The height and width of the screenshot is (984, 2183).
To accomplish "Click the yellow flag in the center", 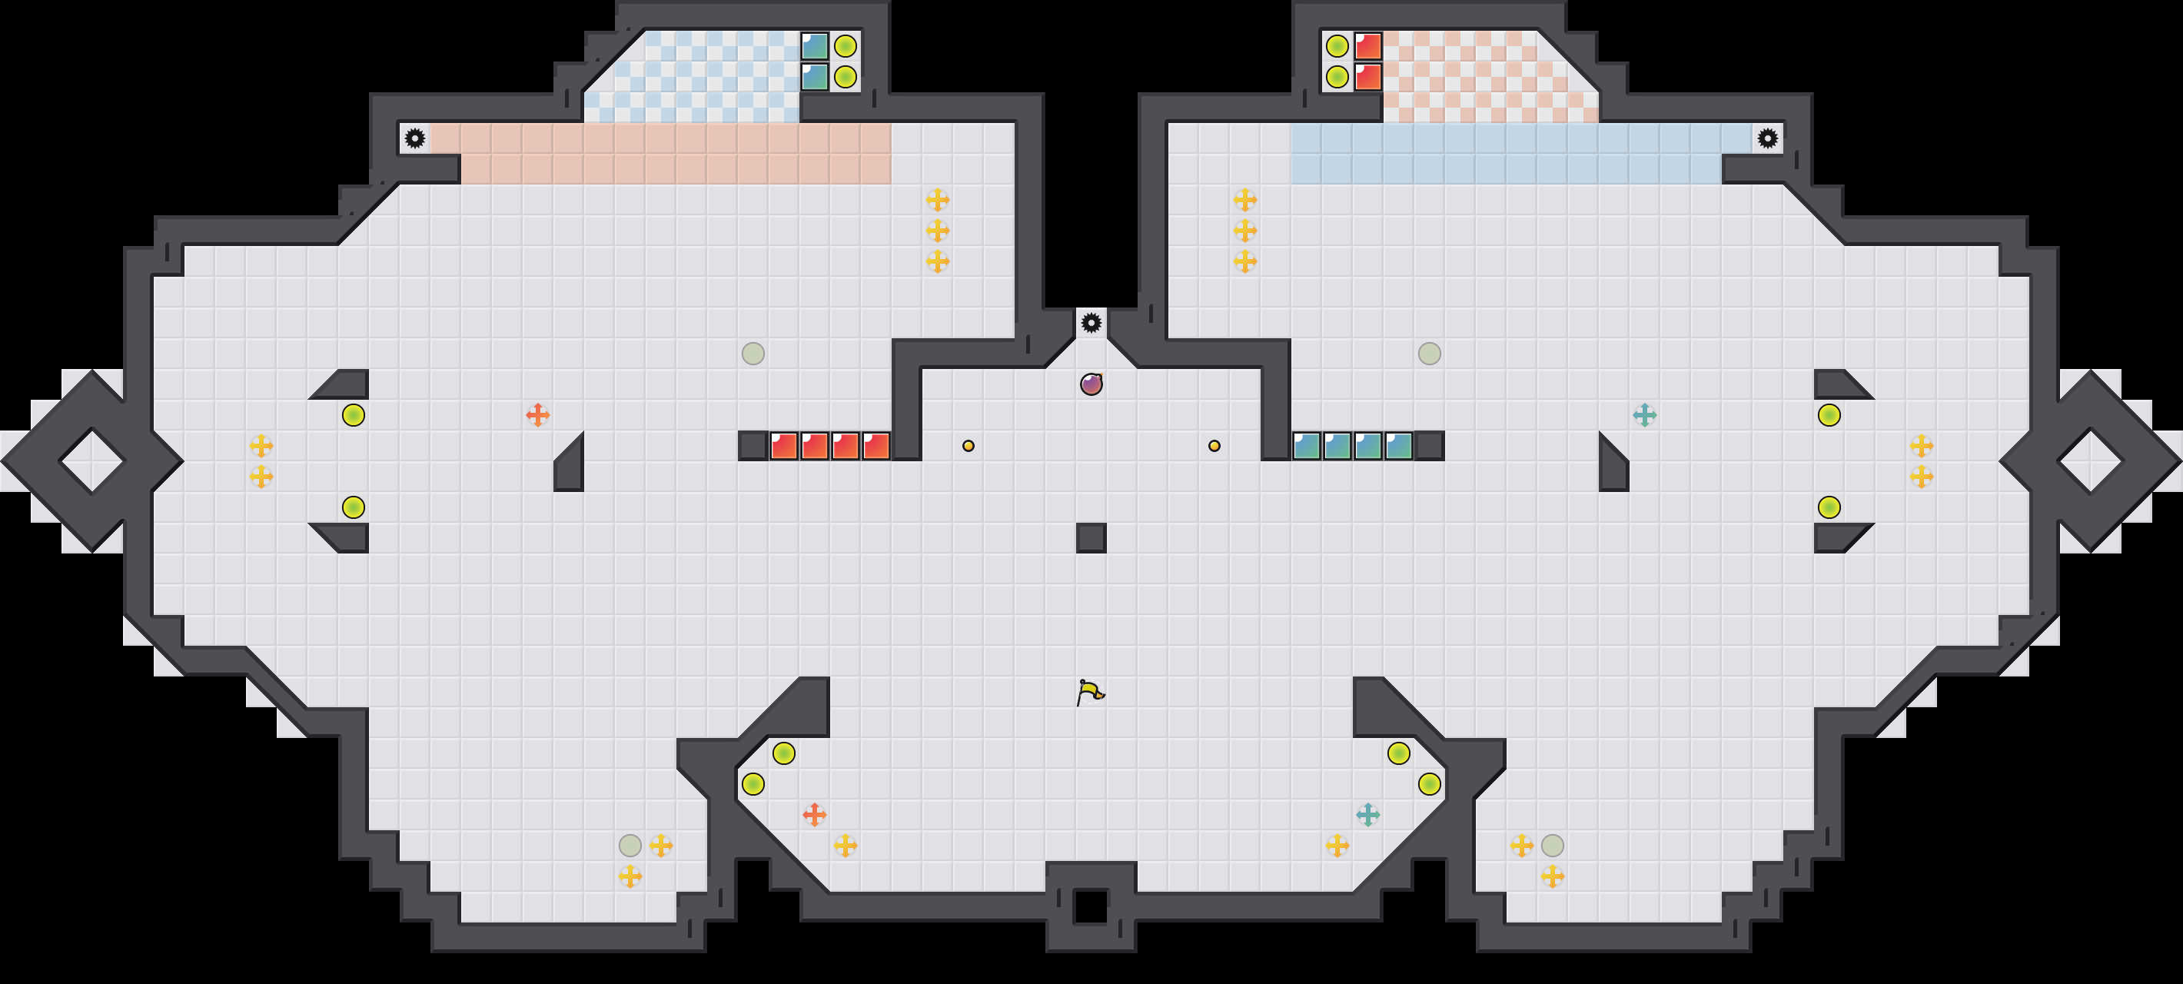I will [1091, 692].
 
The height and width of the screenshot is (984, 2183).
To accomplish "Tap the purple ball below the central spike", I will [1091, 384].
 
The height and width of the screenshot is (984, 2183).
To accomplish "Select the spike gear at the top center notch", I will [1091, 323].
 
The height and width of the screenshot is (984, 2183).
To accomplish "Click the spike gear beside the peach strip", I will [414, 138].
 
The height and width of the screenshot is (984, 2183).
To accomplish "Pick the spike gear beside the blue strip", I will [1768, 138].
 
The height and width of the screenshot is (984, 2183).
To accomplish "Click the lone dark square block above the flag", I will [1091, 538].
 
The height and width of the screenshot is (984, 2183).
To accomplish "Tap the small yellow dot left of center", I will [969, 446].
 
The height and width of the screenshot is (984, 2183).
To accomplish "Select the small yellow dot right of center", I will [1214, 446].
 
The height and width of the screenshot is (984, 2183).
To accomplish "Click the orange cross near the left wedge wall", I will [537, 415].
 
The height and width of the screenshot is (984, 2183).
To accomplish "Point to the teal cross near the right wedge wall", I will [1645, 415].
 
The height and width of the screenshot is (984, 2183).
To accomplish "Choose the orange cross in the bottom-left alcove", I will [814, 815].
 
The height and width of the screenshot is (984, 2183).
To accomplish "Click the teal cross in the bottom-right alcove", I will [1367, 815].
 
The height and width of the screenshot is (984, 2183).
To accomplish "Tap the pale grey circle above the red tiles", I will [753, 354].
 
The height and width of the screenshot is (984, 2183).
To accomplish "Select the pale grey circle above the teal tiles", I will [1430, 354].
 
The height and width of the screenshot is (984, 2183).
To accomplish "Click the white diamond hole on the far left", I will [91, 461].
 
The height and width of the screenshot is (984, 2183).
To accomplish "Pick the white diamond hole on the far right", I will [2091, 461].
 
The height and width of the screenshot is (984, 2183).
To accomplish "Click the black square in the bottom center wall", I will [1091, 907].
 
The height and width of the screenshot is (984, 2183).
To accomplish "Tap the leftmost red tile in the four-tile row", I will [784, 446].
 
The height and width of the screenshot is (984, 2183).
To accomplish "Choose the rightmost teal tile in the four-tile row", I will [1399, 446].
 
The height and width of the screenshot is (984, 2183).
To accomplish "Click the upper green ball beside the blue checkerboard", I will [845, 46].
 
